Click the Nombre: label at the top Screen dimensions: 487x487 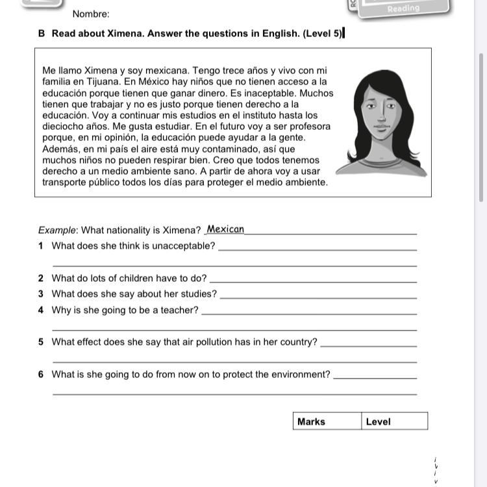(91, 14)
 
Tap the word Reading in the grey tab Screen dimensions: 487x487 (403, 8)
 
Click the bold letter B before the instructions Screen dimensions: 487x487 (42, 34)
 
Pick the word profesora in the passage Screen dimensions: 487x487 (308, 127)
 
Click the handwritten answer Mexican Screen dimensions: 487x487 (225, 229)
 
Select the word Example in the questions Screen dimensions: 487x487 (57, 230)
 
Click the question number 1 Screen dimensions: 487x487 (41, 246)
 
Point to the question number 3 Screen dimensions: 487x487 (41, 294)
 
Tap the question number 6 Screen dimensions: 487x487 (41, 375)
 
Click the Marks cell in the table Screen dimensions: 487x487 (311, 421)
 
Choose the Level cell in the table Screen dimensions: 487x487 (378, 421)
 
